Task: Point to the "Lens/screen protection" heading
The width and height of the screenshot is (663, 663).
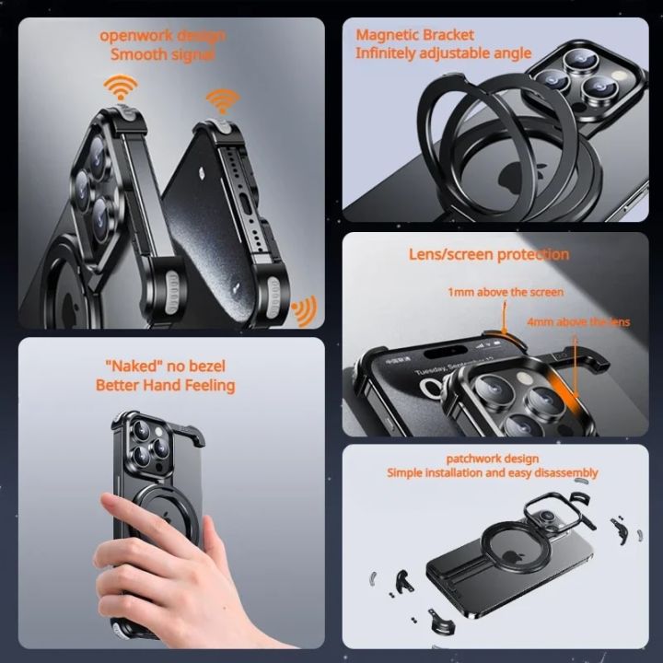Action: [x=489, y=254]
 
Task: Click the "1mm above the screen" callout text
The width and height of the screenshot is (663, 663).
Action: [x=506, y=292]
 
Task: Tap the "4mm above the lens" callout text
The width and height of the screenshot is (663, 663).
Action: [x=578, y=322]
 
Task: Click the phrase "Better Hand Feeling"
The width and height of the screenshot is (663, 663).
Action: [x=165, y=385]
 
